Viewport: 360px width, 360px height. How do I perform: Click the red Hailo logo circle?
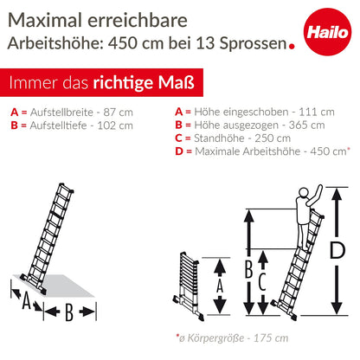(327, 32)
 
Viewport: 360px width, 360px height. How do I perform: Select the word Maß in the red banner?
(177, 83)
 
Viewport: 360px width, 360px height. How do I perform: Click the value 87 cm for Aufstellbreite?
(119, 112)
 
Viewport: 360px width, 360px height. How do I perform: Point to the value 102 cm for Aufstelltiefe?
(115, 125)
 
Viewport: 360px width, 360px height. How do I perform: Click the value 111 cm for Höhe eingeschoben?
(317, 112)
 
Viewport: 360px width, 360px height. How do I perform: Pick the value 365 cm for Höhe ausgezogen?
(307, 125)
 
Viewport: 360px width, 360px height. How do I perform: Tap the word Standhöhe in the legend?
(219, 138)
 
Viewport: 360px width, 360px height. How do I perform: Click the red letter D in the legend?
(179, 151)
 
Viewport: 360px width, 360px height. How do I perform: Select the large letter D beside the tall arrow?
(337, 250)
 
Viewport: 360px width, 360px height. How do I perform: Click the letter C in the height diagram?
(261, 281)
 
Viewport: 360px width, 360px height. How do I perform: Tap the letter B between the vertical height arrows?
(248, 269)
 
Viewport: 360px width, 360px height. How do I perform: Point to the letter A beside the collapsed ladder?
(220, 286)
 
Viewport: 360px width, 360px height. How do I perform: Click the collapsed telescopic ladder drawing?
(189, 286)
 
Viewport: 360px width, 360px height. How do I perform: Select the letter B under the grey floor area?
(69, 312)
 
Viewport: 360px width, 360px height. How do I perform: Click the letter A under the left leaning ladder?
(27, 300)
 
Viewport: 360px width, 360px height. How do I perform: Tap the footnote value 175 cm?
(271, 338)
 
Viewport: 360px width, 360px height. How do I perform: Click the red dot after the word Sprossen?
(292, 46)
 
